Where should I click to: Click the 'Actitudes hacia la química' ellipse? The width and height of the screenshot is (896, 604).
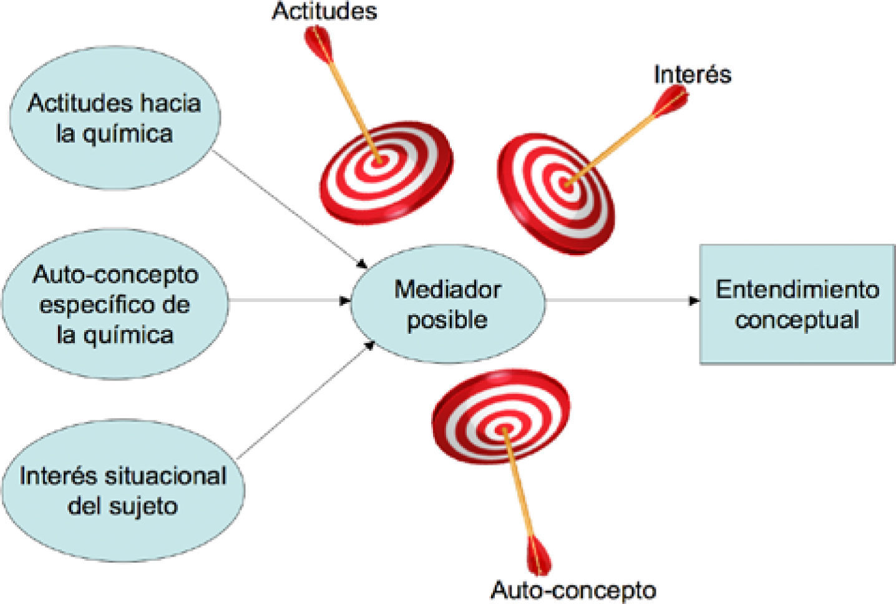(114, 119)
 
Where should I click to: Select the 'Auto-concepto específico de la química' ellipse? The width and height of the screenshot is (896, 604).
(115, 304)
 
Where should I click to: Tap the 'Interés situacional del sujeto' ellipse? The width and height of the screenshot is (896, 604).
(122, 490)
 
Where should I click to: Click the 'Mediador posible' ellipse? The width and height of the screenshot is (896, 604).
(447, 304)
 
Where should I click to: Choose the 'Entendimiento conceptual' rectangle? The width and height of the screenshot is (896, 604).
(797, 304)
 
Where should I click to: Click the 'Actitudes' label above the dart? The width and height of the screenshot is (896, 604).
(324, 11)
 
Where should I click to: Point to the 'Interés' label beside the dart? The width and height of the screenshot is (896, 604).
(692, 74)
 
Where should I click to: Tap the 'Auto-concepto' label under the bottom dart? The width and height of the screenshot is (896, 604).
(573, 590)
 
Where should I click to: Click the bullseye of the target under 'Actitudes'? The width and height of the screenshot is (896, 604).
(378, 160)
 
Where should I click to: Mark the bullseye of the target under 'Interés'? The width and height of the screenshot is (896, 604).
(567, 184)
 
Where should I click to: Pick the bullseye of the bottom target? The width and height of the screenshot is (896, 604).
(503, 429)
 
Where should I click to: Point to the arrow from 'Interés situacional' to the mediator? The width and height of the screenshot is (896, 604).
(306, 399)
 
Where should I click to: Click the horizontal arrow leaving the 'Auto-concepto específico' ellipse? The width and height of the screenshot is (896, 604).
(287, 301)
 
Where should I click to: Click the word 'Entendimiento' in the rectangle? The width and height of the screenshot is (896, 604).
(797, 290)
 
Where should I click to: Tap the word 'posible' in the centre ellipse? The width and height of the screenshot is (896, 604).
(447, 319)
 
